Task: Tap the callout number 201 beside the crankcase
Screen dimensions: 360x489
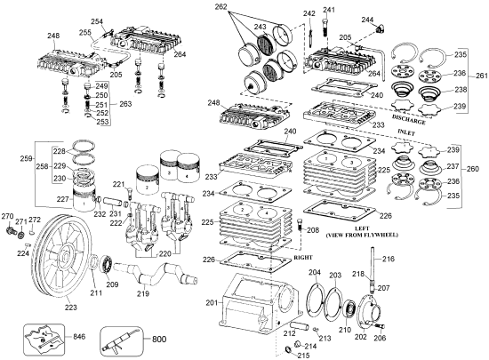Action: pos(211,303)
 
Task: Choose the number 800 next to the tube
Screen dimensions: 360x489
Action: pos(159,338)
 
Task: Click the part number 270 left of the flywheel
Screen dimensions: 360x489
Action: pos(7,217)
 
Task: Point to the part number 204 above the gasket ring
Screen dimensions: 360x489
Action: pos(315,272)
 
